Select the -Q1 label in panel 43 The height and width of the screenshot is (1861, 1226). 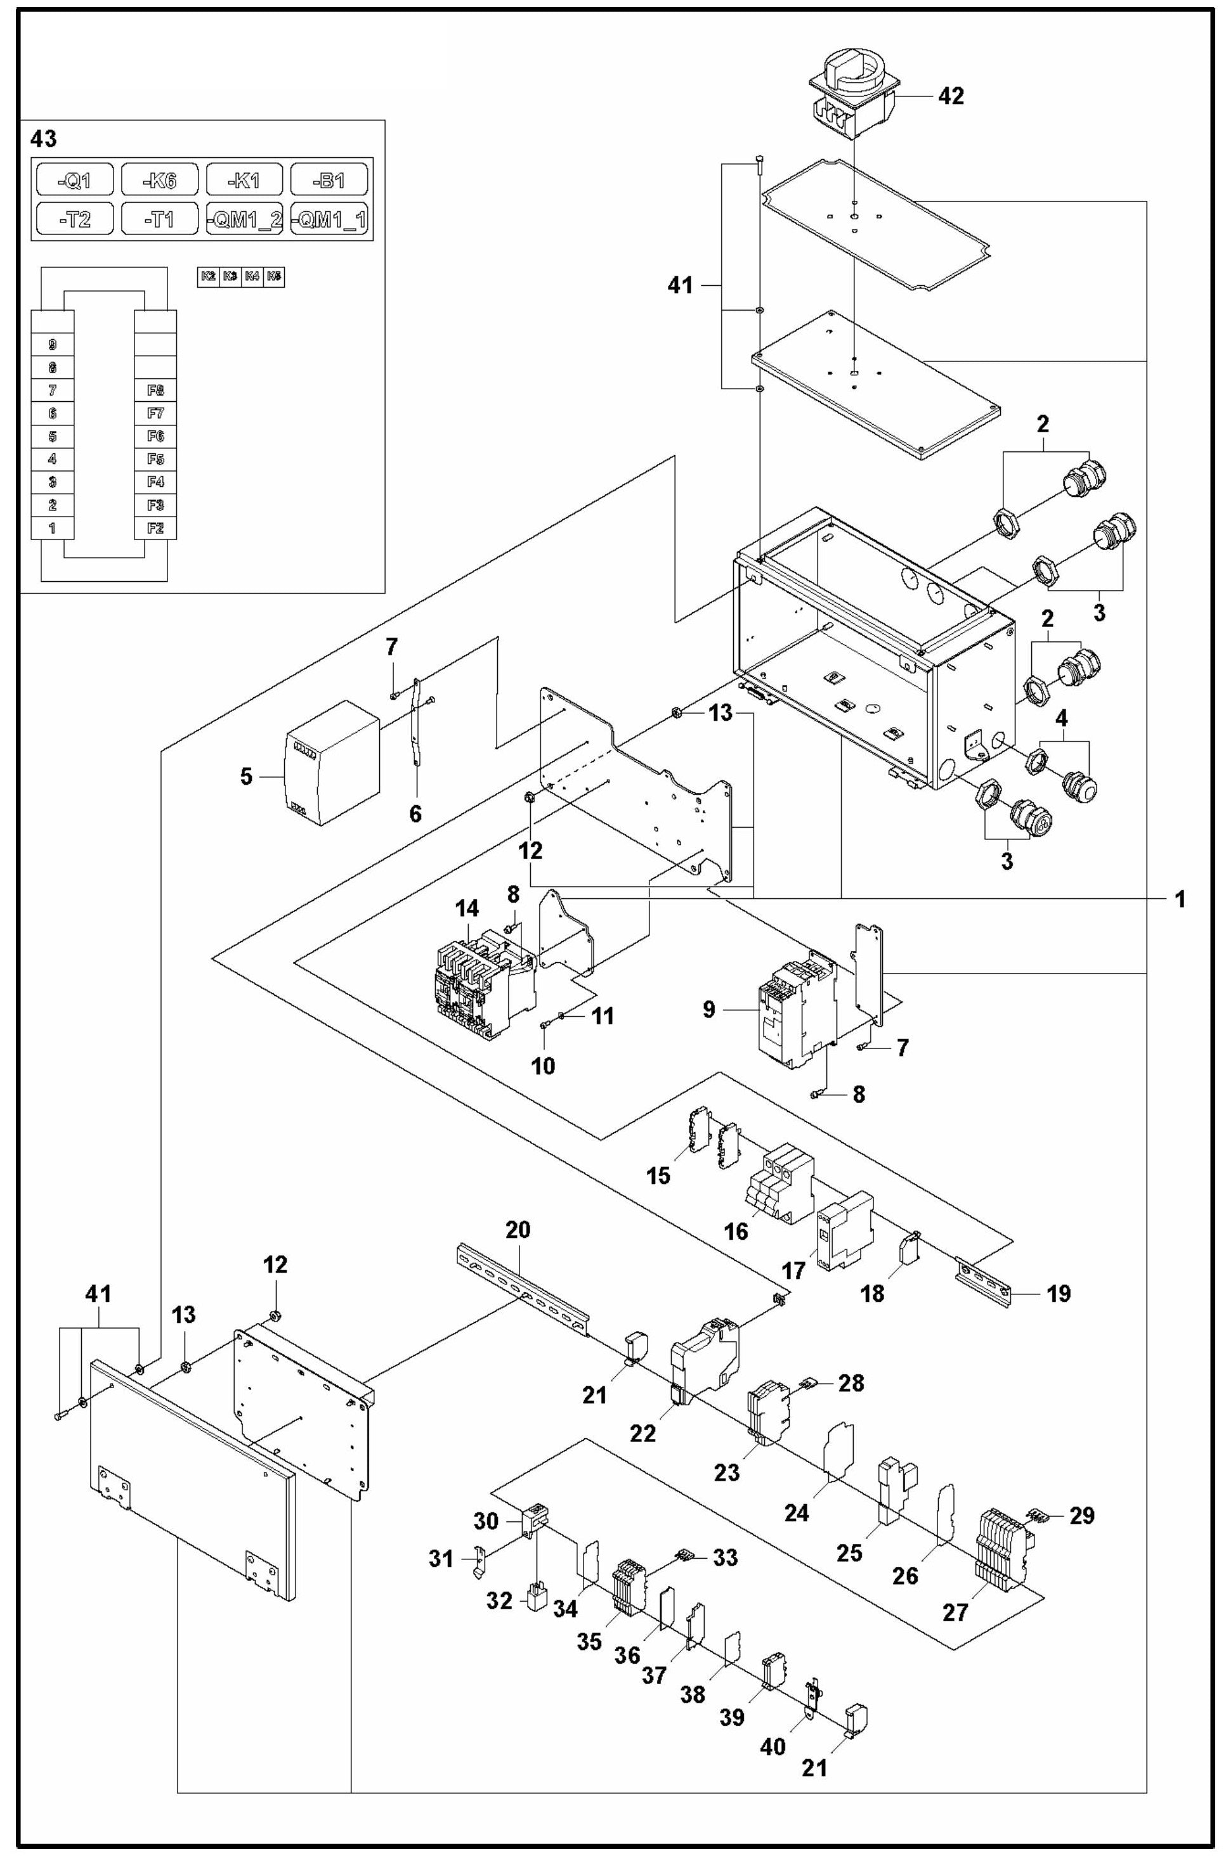point(75,181)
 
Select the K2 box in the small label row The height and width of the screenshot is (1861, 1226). point(208,276)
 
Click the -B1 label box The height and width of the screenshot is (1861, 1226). point(329,181)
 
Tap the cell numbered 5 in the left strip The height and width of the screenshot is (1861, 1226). point(51,435)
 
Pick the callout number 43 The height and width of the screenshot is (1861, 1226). point(42,139)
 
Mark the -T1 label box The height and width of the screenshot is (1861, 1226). point(160,219)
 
